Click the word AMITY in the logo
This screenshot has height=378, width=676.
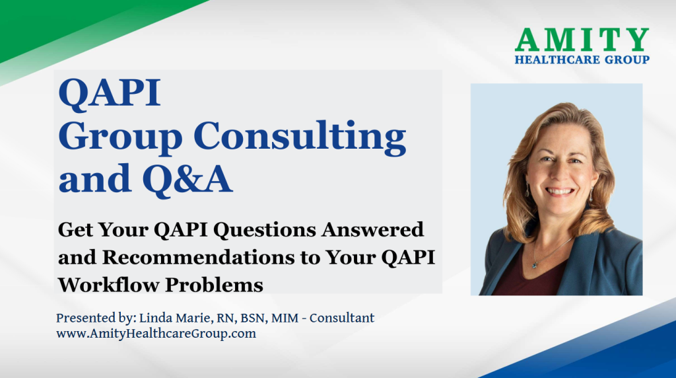click(x=582, y=40)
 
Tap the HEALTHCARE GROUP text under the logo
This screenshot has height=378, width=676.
click(x=582, y=59)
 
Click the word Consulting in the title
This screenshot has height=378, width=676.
click(x=300, y=137)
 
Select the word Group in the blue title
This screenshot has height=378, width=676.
click(x=121, y=138)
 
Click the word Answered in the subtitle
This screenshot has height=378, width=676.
click(x=372, y=229)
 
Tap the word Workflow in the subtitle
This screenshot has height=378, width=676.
click(x=109, y=285)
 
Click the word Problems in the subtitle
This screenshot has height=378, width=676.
click(x=215, y=285)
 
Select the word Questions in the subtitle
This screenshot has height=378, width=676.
click(x=265, y=230)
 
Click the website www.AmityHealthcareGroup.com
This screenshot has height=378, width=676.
click(x=156, y=334)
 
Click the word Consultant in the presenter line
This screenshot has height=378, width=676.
click(x=342, y=318)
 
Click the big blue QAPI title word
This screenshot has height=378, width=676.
click(x=110, y=93)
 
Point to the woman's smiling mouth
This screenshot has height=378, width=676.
click(x=560, y=191)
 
